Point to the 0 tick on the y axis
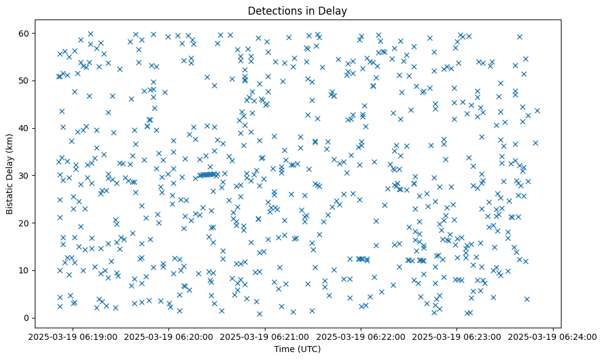point(27,318)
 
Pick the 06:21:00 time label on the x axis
point(265,336)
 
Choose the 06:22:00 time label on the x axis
point(361,336)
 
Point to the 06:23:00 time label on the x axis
point(457,336)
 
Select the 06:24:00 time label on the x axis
point(553,336)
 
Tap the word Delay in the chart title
point(324,10)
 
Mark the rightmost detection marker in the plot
point(537,110)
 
